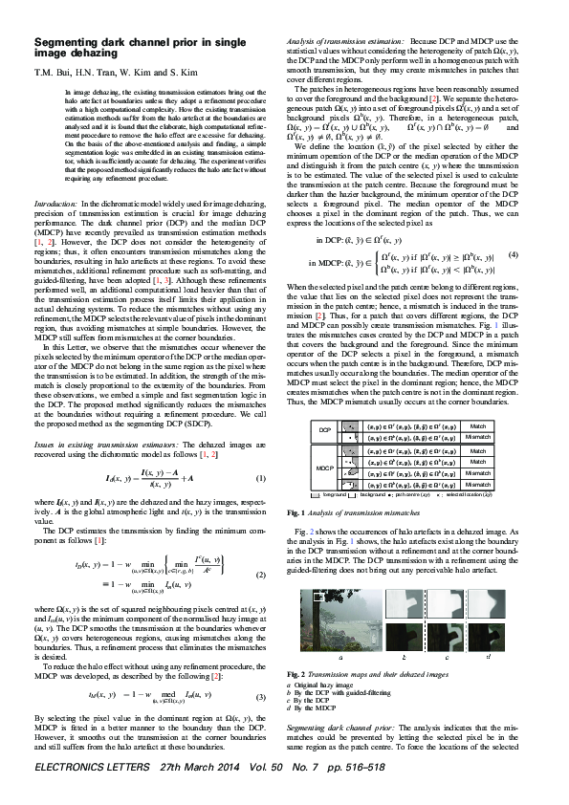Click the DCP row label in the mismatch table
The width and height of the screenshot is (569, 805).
(x=322, y=429)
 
